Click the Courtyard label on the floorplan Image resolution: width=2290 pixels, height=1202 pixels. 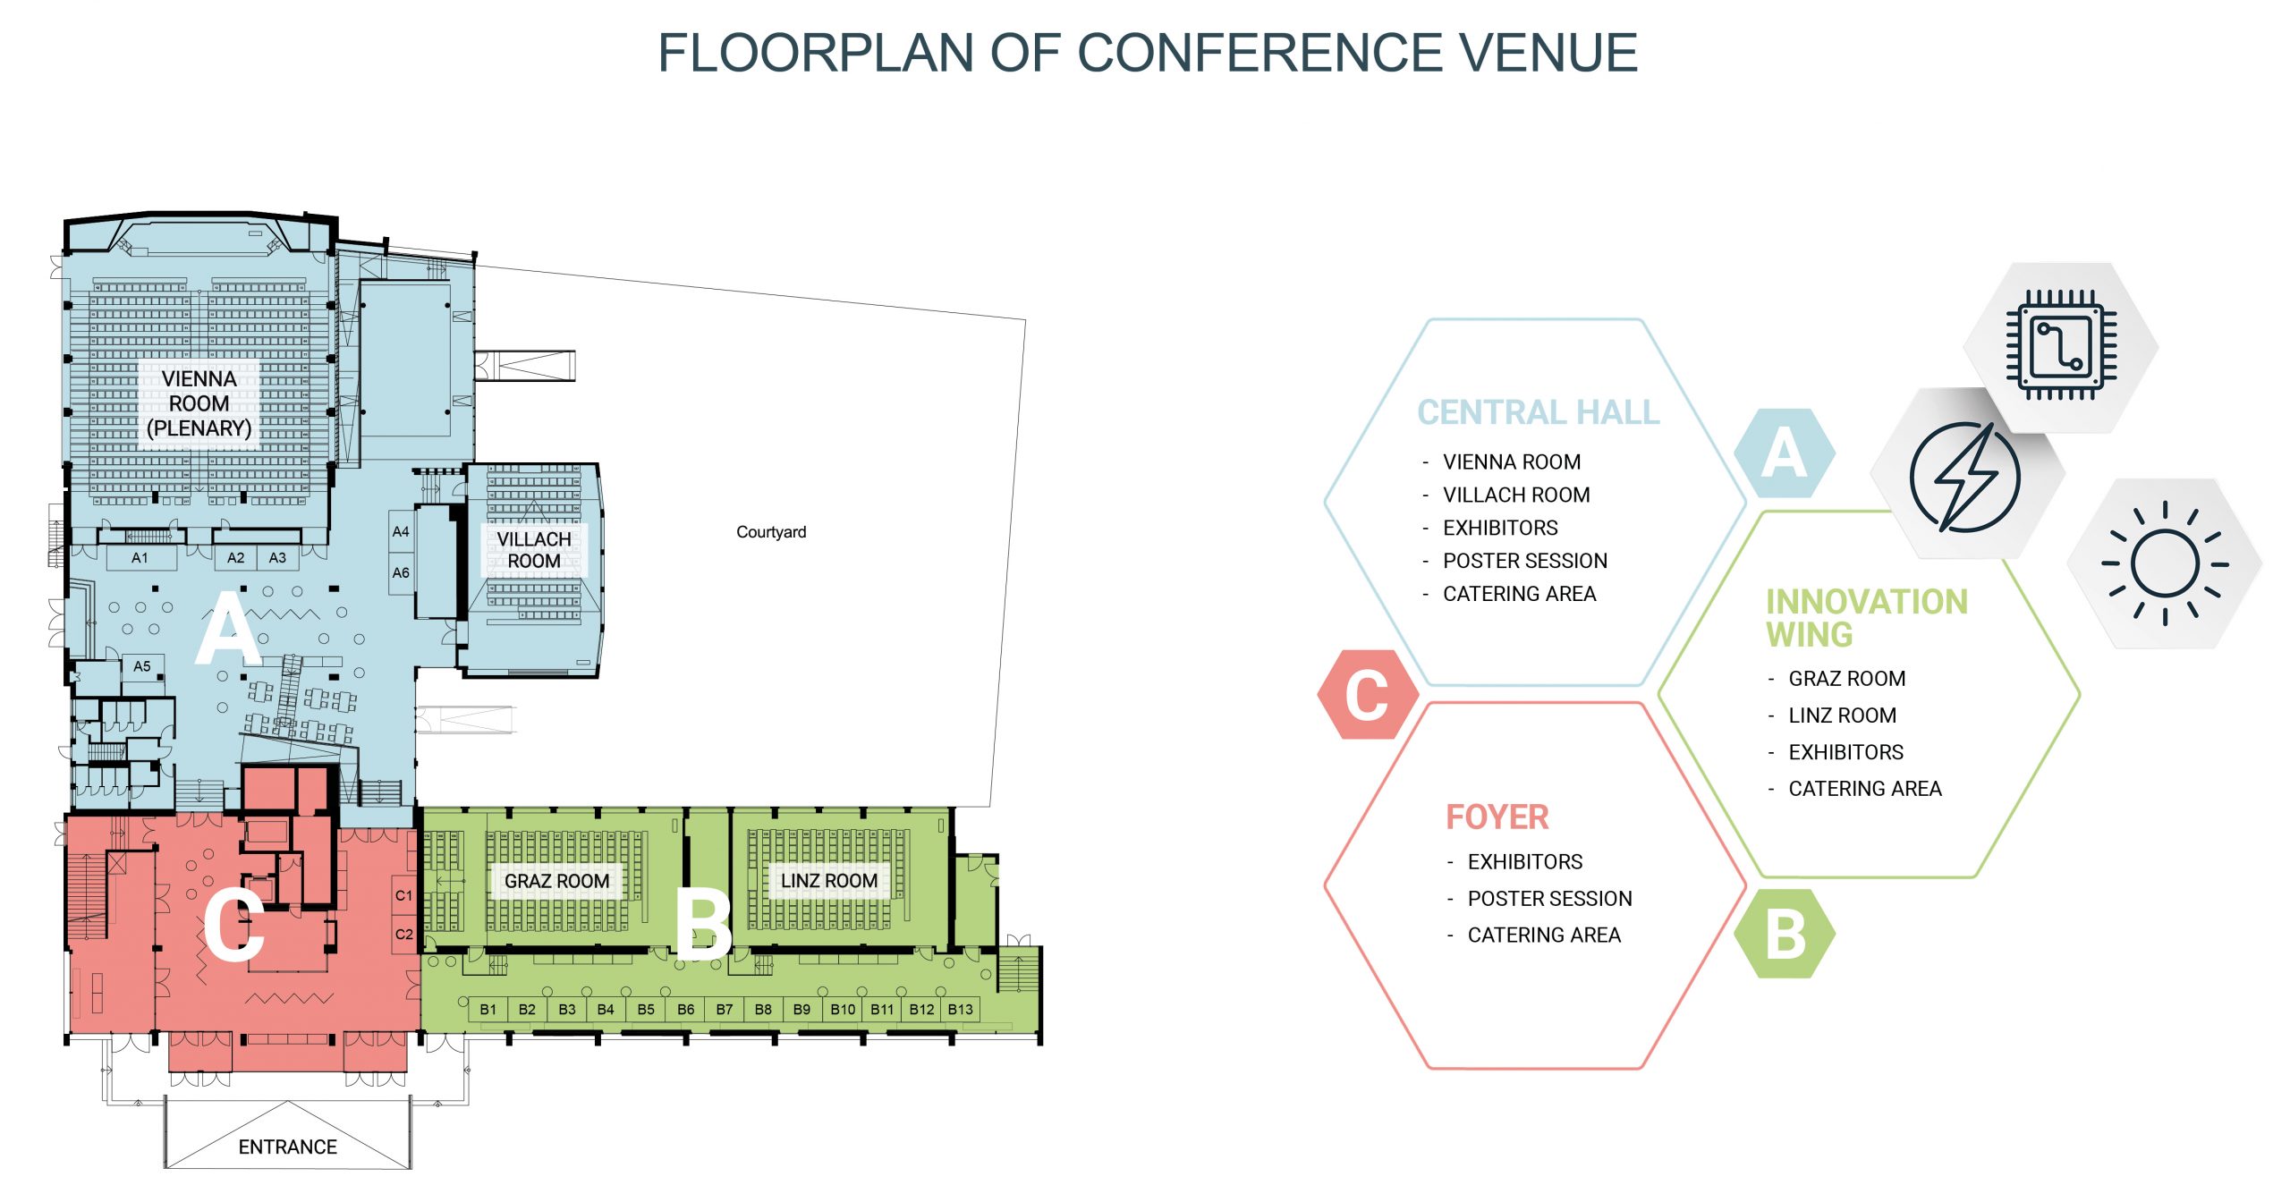pos(770,532)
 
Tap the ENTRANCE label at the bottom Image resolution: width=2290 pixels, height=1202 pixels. pos(287,1147)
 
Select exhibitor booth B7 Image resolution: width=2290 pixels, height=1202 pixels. pos(724,1009)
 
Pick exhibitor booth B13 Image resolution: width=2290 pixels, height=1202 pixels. pos(960,1009)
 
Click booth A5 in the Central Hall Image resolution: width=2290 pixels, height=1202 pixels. pos(141,666)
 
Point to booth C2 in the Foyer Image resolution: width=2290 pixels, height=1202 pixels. pos(404,934)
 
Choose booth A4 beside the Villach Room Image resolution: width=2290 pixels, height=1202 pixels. pos(401,531)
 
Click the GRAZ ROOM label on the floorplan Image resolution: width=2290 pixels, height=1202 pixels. pos(556,881)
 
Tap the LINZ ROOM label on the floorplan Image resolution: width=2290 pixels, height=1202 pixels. pos(828,881)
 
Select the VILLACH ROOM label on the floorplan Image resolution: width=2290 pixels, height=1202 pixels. pos(534,550)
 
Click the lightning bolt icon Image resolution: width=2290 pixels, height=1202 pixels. pos(1965,477)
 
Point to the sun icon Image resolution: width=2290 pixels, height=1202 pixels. pos(2165,563)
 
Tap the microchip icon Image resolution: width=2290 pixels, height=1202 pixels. pos(2061,345)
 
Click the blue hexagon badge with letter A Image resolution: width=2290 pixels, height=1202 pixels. pos(1784,453)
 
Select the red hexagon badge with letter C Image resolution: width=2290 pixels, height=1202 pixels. pos(1367,695)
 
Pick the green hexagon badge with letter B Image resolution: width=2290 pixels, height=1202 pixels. pos(1785,934)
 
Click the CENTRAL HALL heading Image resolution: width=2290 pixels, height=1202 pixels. pos(1538,412)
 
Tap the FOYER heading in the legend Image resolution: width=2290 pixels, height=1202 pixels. pos(1497,817)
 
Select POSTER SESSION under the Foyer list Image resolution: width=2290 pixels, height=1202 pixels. pos(1549,899)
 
